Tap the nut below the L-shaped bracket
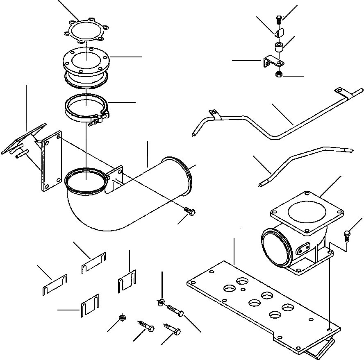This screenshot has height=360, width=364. click(x=278, y=75)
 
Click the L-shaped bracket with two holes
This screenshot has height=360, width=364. click(x=271, y=62)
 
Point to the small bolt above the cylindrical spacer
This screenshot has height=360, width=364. click(x=279, y=18)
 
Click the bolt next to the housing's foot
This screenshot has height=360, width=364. click(x=347, y=235)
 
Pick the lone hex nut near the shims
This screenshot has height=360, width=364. click(x=122, y=318)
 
